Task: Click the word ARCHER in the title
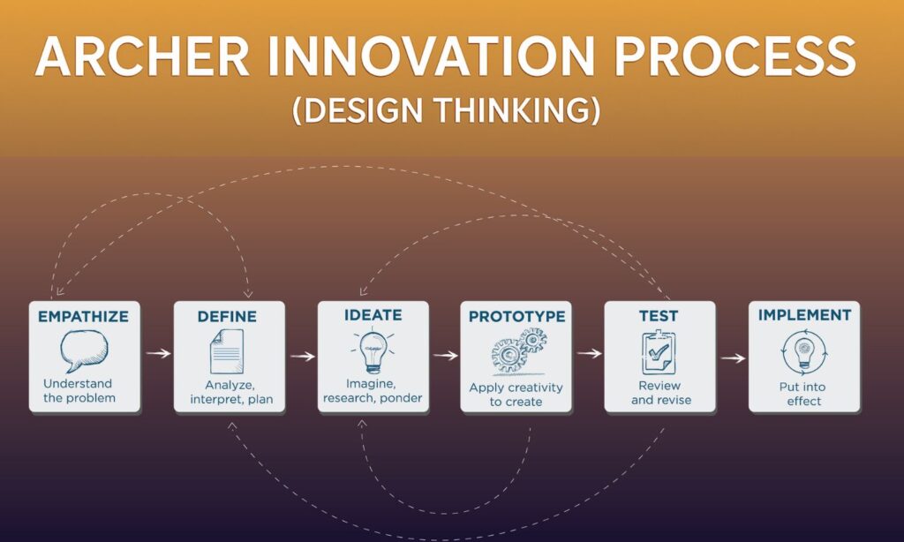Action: (x=142, y=56)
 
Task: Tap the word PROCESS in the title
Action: (x=735, y=56)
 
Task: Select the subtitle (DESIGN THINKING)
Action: (x=446, y=110)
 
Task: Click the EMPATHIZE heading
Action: (x=84, y=317)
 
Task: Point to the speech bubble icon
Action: (x=84, y=350)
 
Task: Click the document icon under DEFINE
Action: (x=227, y=351)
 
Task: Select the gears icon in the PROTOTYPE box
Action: (x=518, y=350)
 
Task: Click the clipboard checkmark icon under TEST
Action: (x=659, y=352)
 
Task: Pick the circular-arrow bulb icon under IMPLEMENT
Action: (x=804, y=352)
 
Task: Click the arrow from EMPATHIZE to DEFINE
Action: (x=158, y=353)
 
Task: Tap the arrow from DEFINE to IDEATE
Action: (x=302, y=357)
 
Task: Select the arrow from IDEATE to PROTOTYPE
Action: (x=445, y=355)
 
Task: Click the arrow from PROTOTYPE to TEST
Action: (x=589, y=353)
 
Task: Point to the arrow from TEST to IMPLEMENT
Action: (x=733, y=358)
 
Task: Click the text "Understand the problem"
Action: (x=79, y=391)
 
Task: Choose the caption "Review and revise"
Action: (x=660, y=393)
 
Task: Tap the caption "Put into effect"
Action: (x=803, y=394)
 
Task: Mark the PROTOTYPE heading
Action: (x=516, y=317)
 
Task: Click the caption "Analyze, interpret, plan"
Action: (x=231, y=392)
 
